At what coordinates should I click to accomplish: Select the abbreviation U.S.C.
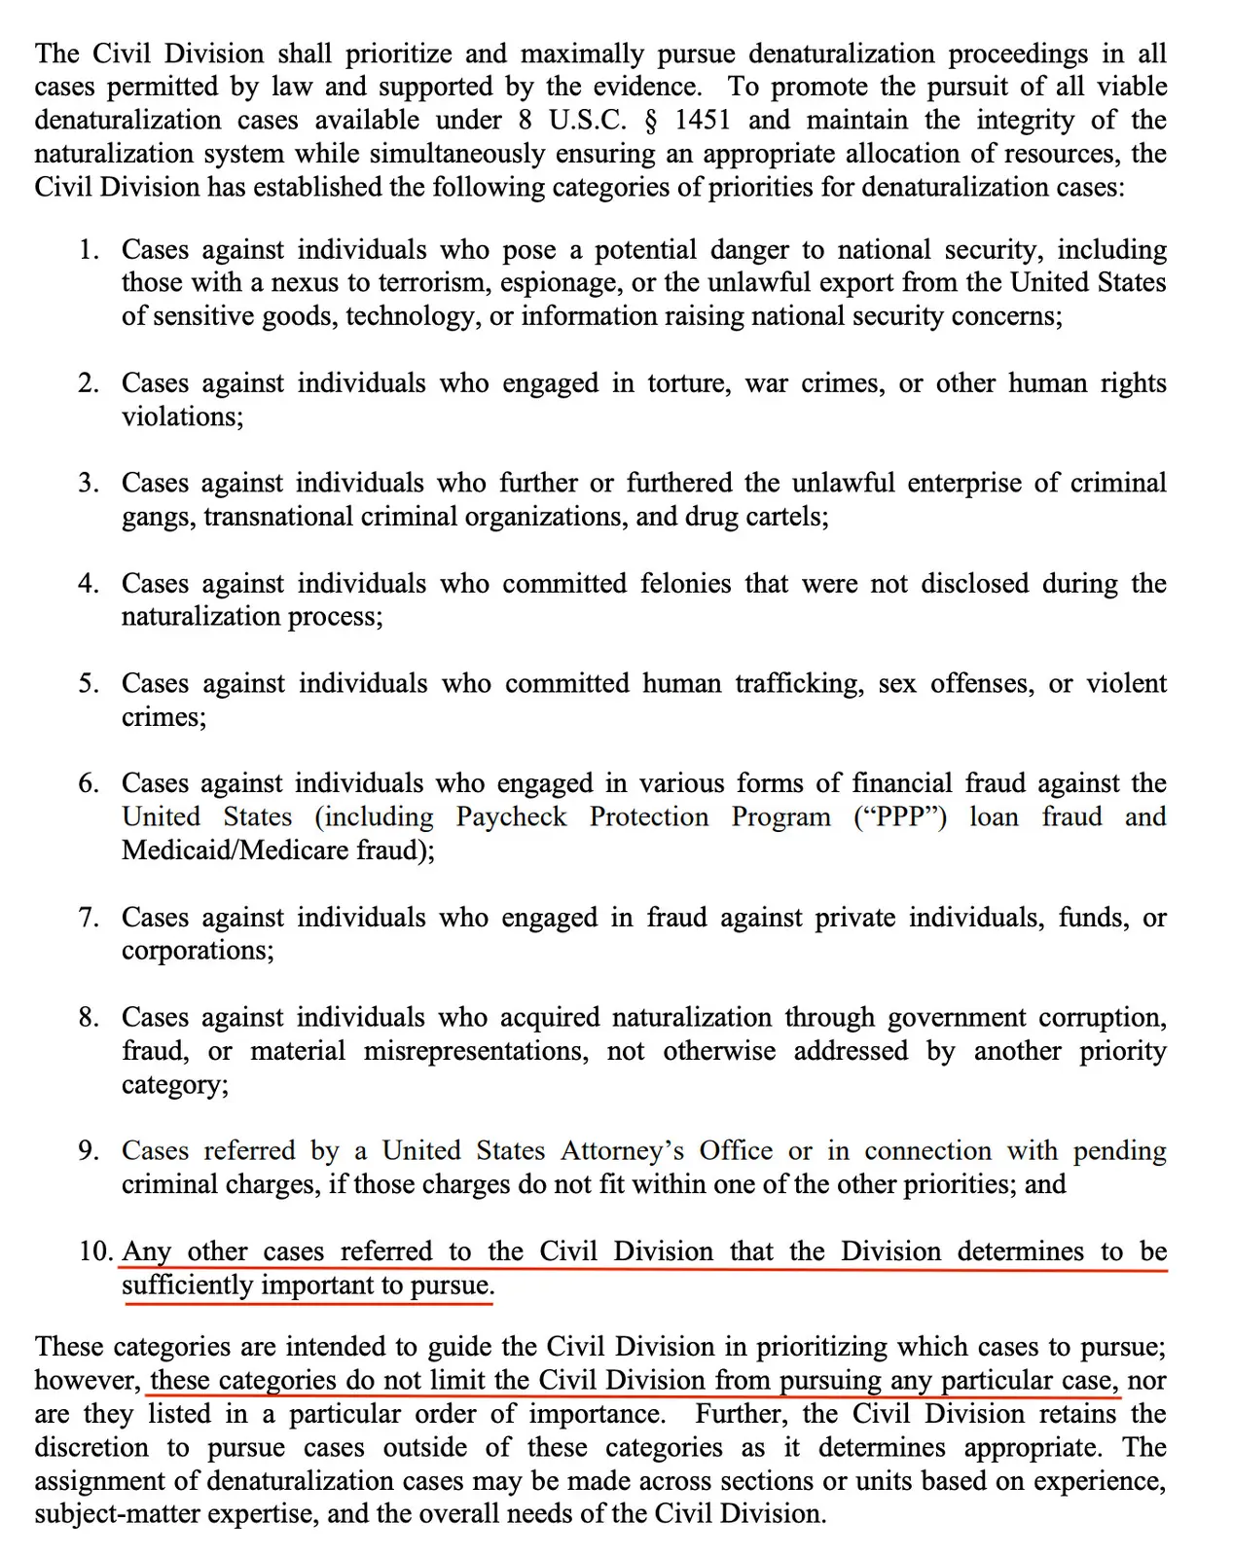tap(574, 121)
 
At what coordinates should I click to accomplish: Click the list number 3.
tap(88, 484)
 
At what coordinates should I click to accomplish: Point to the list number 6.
tap(88, 784)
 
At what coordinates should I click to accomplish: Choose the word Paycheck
tap(511, 817)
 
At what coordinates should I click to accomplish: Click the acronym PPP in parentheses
tap(899, 817)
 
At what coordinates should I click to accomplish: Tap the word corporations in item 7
tap(197, 951)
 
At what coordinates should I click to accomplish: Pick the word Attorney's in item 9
tap(622, 1151)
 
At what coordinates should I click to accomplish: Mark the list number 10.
tap(95, 1251)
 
